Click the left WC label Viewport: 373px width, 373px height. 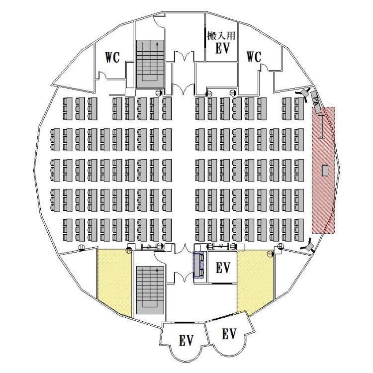(x=112, y=57)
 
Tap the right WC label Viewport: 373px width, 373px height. (x=254, y=57)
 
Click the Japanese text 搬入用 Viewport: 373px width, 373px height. (x=221, y=36)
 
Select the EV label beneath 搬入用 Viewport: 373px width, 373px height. (x=223, y=48)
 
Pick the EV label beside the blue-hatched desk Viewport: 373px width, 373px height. (x=223, y=268)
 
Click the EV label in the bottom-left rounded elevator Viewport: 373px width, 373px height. (x=186, y=340)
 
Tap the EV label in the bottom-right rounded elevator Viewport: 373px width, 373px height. (x=229, y=334)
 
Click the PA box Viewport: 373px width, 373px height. (x=316, y=102)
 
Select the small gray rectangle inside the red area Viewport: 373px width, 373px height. (x=325, y=170)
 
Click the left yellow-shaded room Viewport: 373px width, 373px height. (x=114, y=280)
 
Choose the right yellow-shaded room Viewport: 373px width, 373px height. (x=255, y=280)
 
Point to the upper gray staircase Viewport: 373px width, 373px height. (x=150, y=64)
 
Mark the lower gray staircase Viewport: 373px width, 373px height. (x=150, y=290)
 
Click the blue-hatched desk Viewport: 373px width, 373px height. (x=198, y=265)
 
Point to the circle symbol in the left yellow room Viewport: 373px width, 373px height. (x=129, y=250)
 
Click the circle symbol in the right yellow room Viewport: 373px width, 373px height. (x=270, y=253)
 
